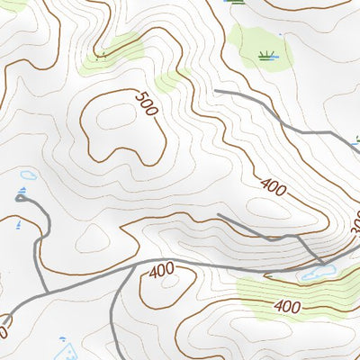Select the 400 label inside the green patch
pos(286,306)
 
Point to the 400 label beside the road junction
pos(161,269)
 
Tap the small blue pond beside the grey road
pos(316,272)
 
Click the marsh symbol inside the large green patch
pos(267,56)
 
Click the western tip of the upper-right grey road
pos(215,91)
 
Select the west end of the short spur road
pos(220,216)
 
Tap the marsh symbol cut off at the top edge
pos(236,3)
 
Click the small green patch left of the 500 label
pos(113,54)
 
